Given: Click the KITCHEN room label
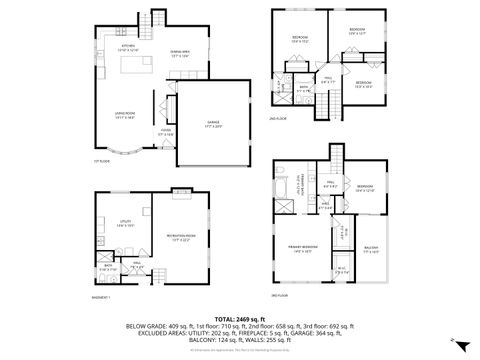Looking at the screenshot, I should pyautogui.click(x=128, y=46).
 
